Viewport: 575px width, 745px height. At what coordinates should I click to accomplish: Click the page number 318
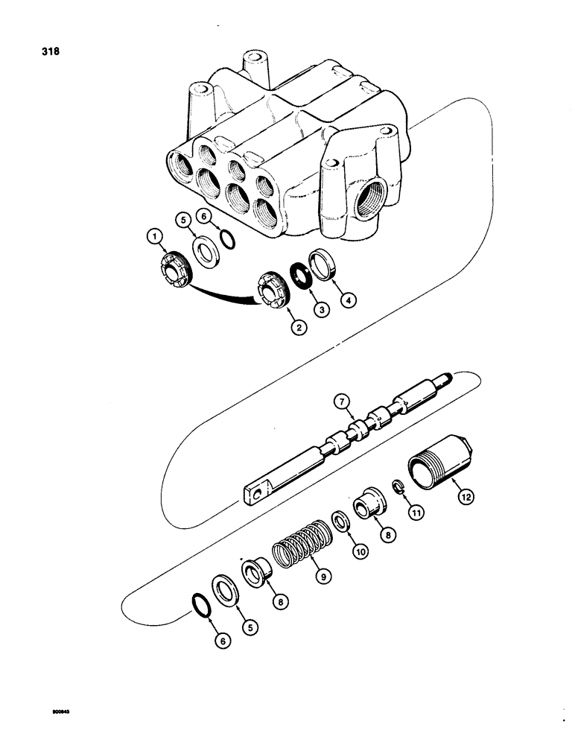(x=51, y=52)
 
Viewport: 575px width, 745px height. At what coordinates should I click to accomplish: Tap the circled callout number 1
(x=153, y=237)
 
